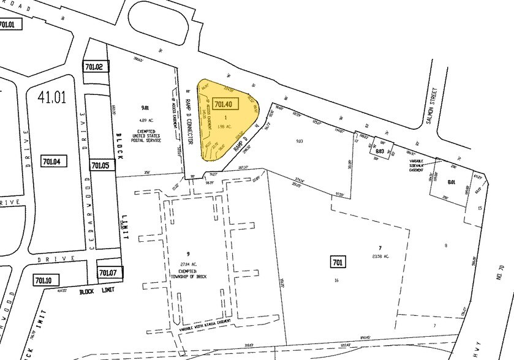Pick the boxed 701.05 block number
[x=100, y=165]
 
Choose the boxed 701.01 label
[x=10, y=24]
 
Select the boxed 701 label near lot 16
[x=338, y=263]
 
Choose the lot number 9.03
[x=300, y=141]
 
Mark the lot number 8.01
[x=452, y=181]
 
